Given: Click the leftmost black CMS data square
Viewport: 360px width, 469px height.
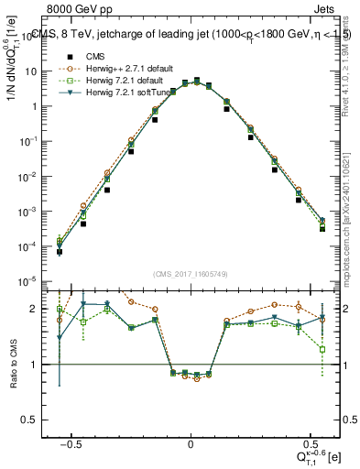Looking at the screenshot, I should (x=60, y=252).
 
